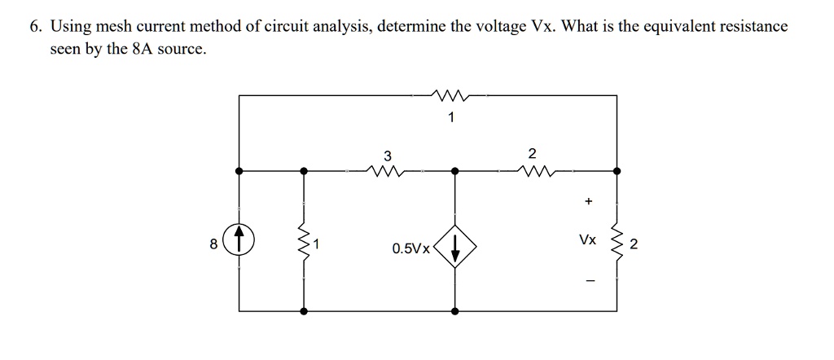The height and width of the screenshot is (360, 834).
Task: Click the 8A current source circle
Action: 239,241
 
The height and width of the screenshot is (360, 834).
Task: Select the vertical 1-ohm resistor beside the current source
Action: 305,241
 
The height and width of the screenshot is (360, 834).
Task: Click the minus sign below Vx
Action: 586,283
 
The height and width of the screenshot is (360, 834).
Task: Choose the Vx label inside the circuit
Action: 586,241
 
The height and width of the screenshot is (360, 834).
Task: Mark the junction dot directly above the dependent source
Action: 454,172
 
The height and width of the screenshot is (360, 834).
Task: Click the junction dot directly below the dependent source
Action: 454,311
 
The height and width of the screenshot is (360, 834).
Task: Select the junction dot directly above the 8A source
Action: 239,172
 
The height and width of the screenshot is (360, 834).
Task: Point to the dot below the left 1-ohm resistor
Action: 305,311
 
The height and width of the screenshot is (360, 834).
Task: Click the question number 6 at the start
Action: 35,26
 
